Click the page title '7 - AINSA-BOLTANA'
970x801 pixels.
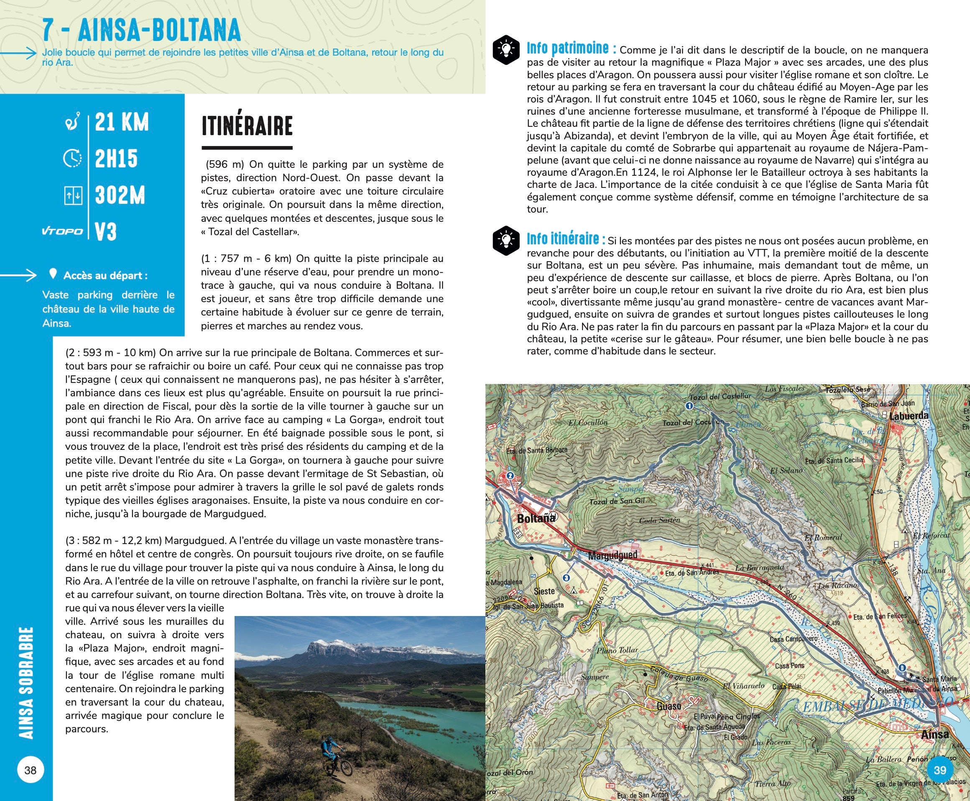coord(141,31)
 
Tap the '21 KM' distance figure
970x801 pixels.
coord(122,122)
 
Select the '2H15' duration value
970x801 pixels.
coord(116,159)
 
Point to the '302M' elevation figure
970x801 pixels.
coord(120,195)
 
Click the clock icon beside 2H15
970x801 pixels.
coord(72,159)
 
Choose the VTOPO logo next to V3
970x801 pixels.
coord(62,231)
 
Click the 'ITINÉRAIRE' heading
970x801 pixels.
coord(247,126)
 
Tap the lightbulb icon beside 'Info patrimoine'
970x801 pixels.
coord(506,49)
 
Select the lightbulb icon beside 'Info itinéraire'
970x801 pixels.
coord(506,240)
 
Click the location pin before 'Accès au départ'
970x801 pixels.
coord(53,275)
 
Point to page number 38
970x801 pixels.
coord(31,770)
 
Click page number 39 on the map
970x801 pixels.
coord(939,770)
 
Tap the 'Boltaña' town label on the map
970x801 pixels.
coord(536,519)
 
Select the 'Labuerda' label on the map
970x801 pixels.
coord(909,416)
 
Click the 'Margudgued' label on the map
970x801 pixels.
coord(613,555)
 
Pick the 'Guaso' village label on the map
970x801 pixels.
coord(669,706)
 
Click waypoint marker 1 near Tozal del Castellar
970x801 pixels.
coord(689,406)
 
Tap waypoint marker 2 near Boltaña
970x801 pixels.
coord(510,476)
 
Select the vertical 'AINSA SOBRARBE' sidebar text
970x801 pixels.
coord(26,683)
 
